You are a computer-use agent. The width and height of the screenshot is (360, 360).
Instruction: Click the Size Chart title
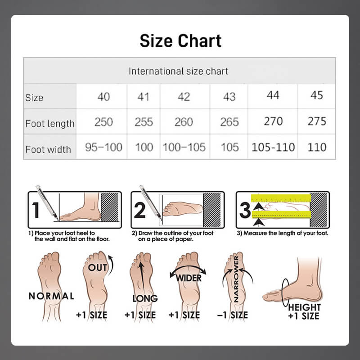pyautogui.click(x=180, y=41)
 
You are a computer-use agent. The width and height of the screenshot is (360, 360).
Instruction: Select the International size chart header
pyautogui.click(x=178, y=71)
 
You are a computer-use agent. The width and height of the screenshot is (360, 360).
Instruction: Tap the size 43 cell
pyautogui.click(x=229, y=97)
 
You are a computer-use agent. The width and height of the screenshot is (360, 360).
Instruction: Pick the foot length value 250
pyautogui.click(x=103, y=121)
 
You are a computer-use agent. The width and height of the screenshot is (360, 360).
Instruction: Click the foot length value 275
pyautogui.click(x=317, y=121)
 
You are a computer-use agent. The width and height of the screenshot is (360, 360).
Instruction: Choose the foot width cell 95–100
pyautogui.click(x=103, y=147)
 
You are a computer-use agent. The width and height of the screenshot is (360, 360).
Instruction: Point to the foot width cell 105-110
pyautogui.click(x=273, y=147)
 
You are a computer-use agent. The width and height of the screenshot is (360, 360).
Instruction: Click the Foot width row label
pyautogui.click(x=48, y=149)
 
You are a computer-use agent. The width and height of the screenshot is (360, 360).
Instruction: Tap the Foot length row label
pyautogui.click(x=50, y=124)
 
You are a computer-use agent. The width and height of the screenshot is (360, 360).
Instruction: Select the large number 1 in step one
pyautogui.click(x=36, y=210)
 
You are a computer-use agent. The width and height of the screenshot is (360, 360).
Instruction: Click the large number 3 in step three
pyautogui.click(x=245, y=210)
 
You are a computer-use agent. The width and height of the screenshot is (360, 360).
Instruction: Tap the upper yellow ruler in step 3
pyautogui.click(x=281, y=198)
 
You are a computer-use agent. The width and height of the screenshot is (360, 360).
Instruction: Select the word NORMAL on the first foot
pyautogui.click(x=51, y=296)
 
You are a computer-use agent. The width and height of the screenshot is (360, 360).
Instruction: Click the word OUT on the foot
pyautogui.click(x=98, y=267)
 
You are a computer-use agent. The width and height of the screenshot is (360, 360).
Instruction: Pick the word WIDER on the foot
pyautogui.click(x=189, y=278)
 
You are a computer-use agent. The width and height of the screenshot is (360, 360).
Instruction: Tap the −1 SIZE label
pyautogui.click(x=232, y=315)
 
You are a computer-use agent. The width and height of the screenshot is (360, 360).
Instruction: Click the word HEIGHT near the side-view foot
pyautogui.click(x=305, y=307)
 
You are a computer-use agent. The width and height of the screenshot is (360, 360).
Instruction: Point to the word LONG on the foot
pyautogui.click(x=145, y=298)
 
